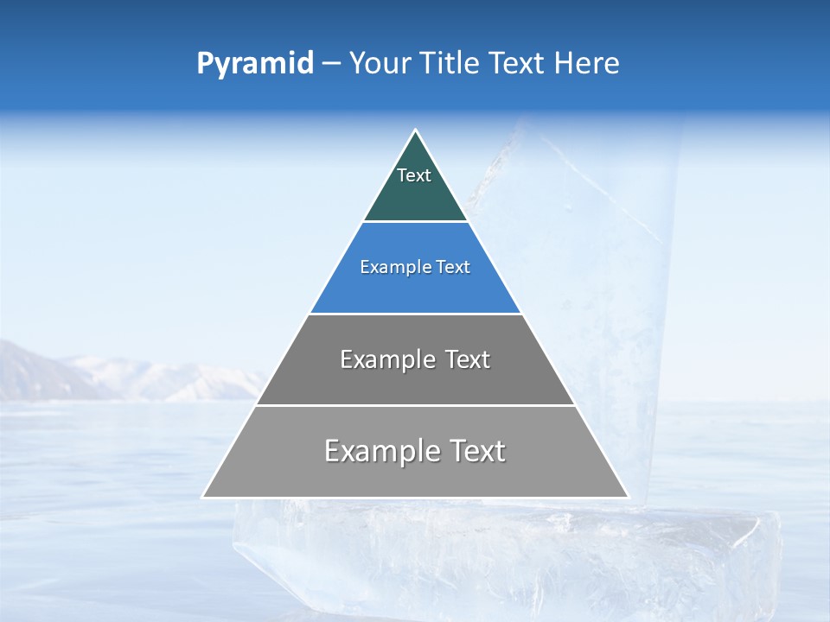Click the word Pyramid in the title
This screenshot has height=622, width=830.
(254, 63)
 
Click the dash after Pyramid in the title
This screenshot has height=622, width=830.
(331, 64)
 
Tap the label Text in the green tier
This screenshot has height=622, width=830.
(414, 175)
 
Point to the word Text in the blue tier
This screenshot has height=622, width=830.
(453, 268)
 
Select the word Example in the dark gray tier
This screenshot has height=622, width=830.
(387, 359)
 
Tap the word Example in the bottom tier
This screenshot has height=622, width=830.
(380, 451)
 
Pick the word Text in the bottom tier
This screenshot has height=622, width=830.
(476, 451)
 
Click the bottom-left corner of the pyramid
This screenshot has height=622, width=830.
(203, 497)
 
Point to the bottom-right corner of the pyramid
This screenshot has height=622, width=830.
(628, 497)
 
